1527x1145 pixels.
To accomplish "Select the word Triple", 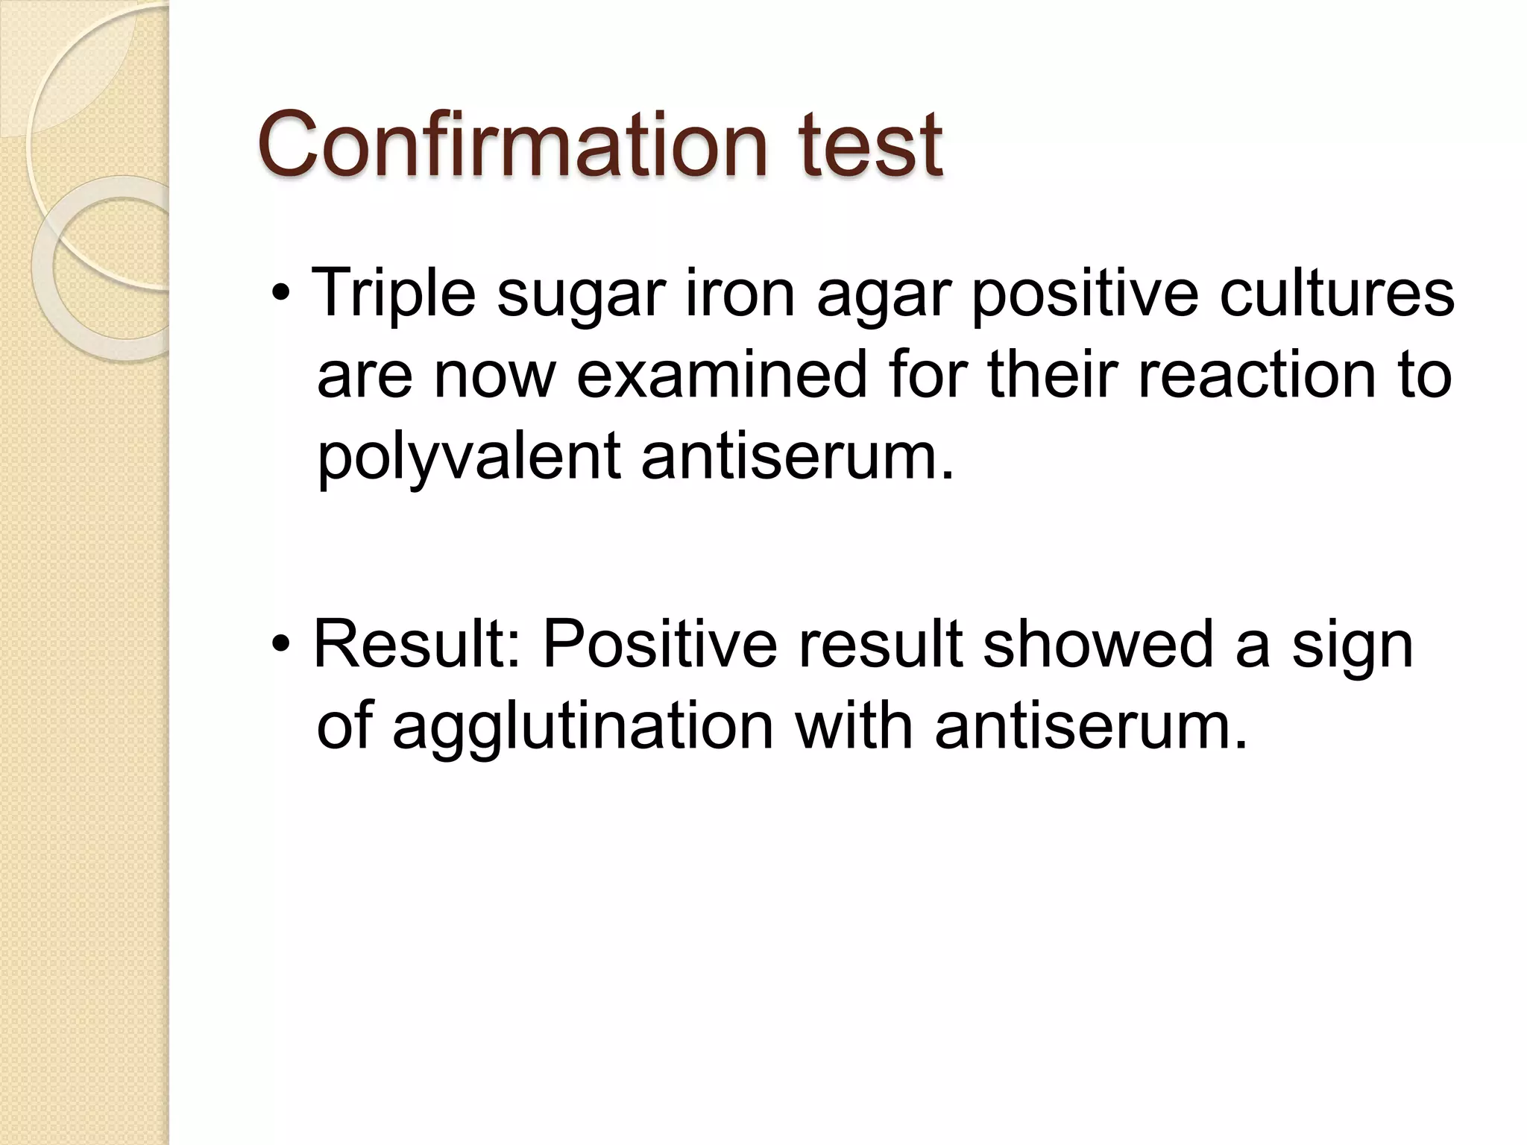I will [x=393, y=294].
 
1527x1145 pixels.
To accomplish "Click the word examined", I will [x=721, y=374].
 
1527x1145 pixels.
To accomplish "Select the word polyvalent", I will [x=469, y=456].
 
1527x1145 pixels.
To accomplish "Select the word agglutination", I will [x=582, y=728].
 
